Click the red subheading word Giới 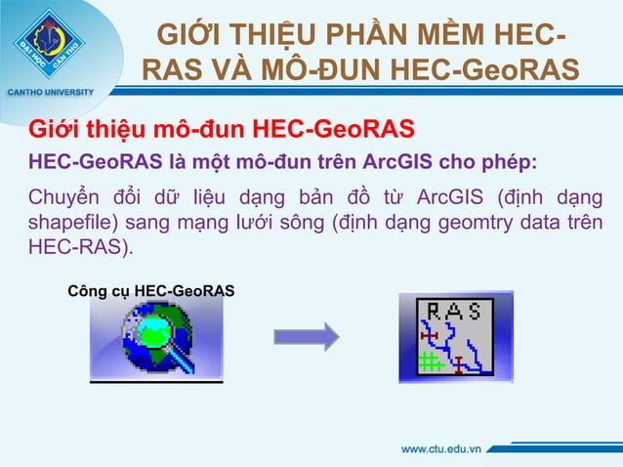pos(55,130)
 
